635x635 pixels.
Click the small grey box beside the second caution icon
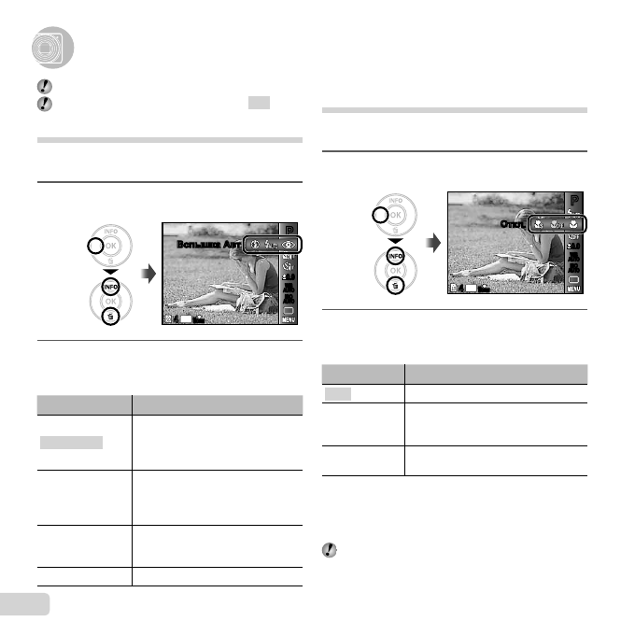coord(259,102)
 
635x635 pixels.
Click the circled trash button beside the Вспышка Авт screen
coord(110,317)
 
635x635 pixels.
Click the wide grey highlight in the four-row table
coord(71,442)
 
